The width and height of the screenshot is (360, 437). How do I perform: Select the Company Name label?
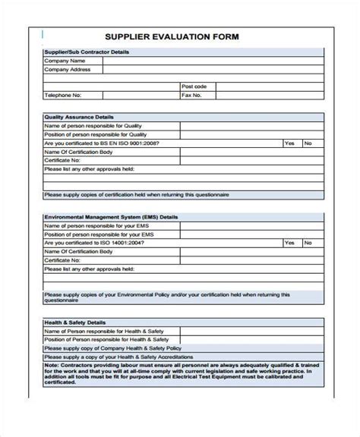pyautogui.click(x=63, y=61)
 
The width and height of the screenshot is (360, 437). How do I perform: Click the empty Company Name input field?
pyautogui.click(x=213, y=61)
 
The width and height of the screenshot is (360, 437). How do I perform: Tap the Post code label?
pyautogui.click(x=194, y=86)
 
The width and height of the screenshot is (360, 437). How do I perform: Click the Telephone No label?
pyautogui.click(x=62, y=96)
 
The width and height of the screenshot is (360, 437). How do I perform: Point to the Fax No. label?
pyautogui.click(x=192, y=96)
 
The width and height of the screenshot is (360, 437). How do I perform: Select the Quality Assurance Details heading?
pyautogui.click(x=79, y=117)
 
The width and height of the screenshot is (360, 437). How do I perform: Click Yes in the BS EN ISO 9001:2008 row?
pyautogui.click(x=289, y=143)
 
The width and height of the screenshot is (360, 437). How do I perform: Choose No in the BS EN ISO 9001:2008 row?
pyautogui.click(x=308, y=143)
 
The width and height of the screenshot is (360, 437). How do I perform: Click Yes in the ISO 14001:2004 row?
pyautogui.click(x=289, y=243)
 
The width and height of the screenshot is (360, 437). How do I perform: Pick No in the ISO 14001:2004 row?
pyautogui.click(x=308, y=243)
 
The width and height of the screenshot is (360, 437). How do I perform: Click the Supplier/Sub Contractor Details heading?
pyautogui.click(x=87, y=52)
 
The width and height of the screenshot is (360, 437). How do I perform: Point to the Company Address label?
pyautogui.click(x=67, y=69)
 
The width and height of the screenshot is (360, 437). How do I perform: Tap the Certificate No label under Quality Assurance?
pyautogui.click(x=62, y=160)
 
